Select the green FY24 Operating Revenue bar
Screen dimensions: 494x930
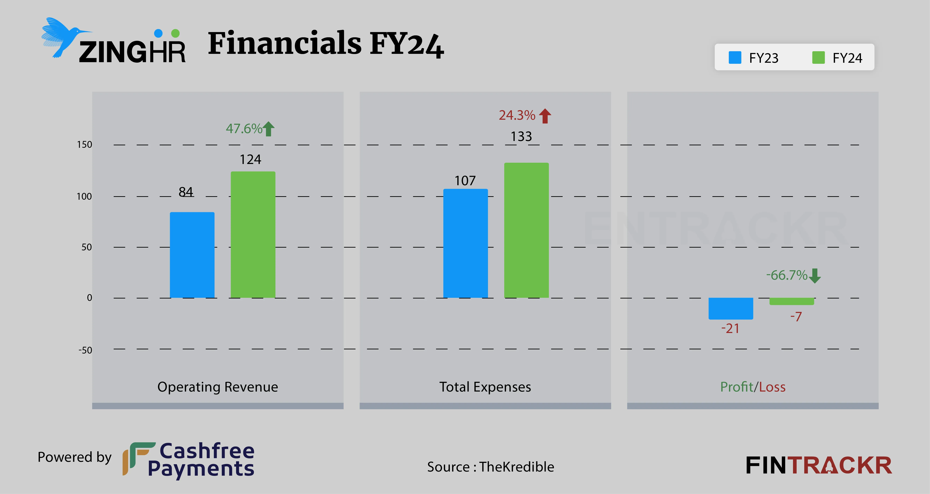click(x=253, y=235)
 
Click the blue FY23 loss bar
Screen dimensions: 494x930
click(x=731, y=309)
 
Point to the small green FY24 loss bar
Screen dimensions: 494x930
click(x=792, y=301)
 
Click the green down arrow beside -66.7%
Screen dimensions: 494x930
click(x=815, y=276)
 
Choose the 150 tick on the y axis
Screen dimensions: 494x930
click(x=85, y=145)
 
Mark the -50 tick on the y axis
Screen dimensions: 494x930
click(x=85, y=350)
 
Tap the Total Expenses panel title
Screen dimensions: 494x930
click(x=485, y=387)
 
